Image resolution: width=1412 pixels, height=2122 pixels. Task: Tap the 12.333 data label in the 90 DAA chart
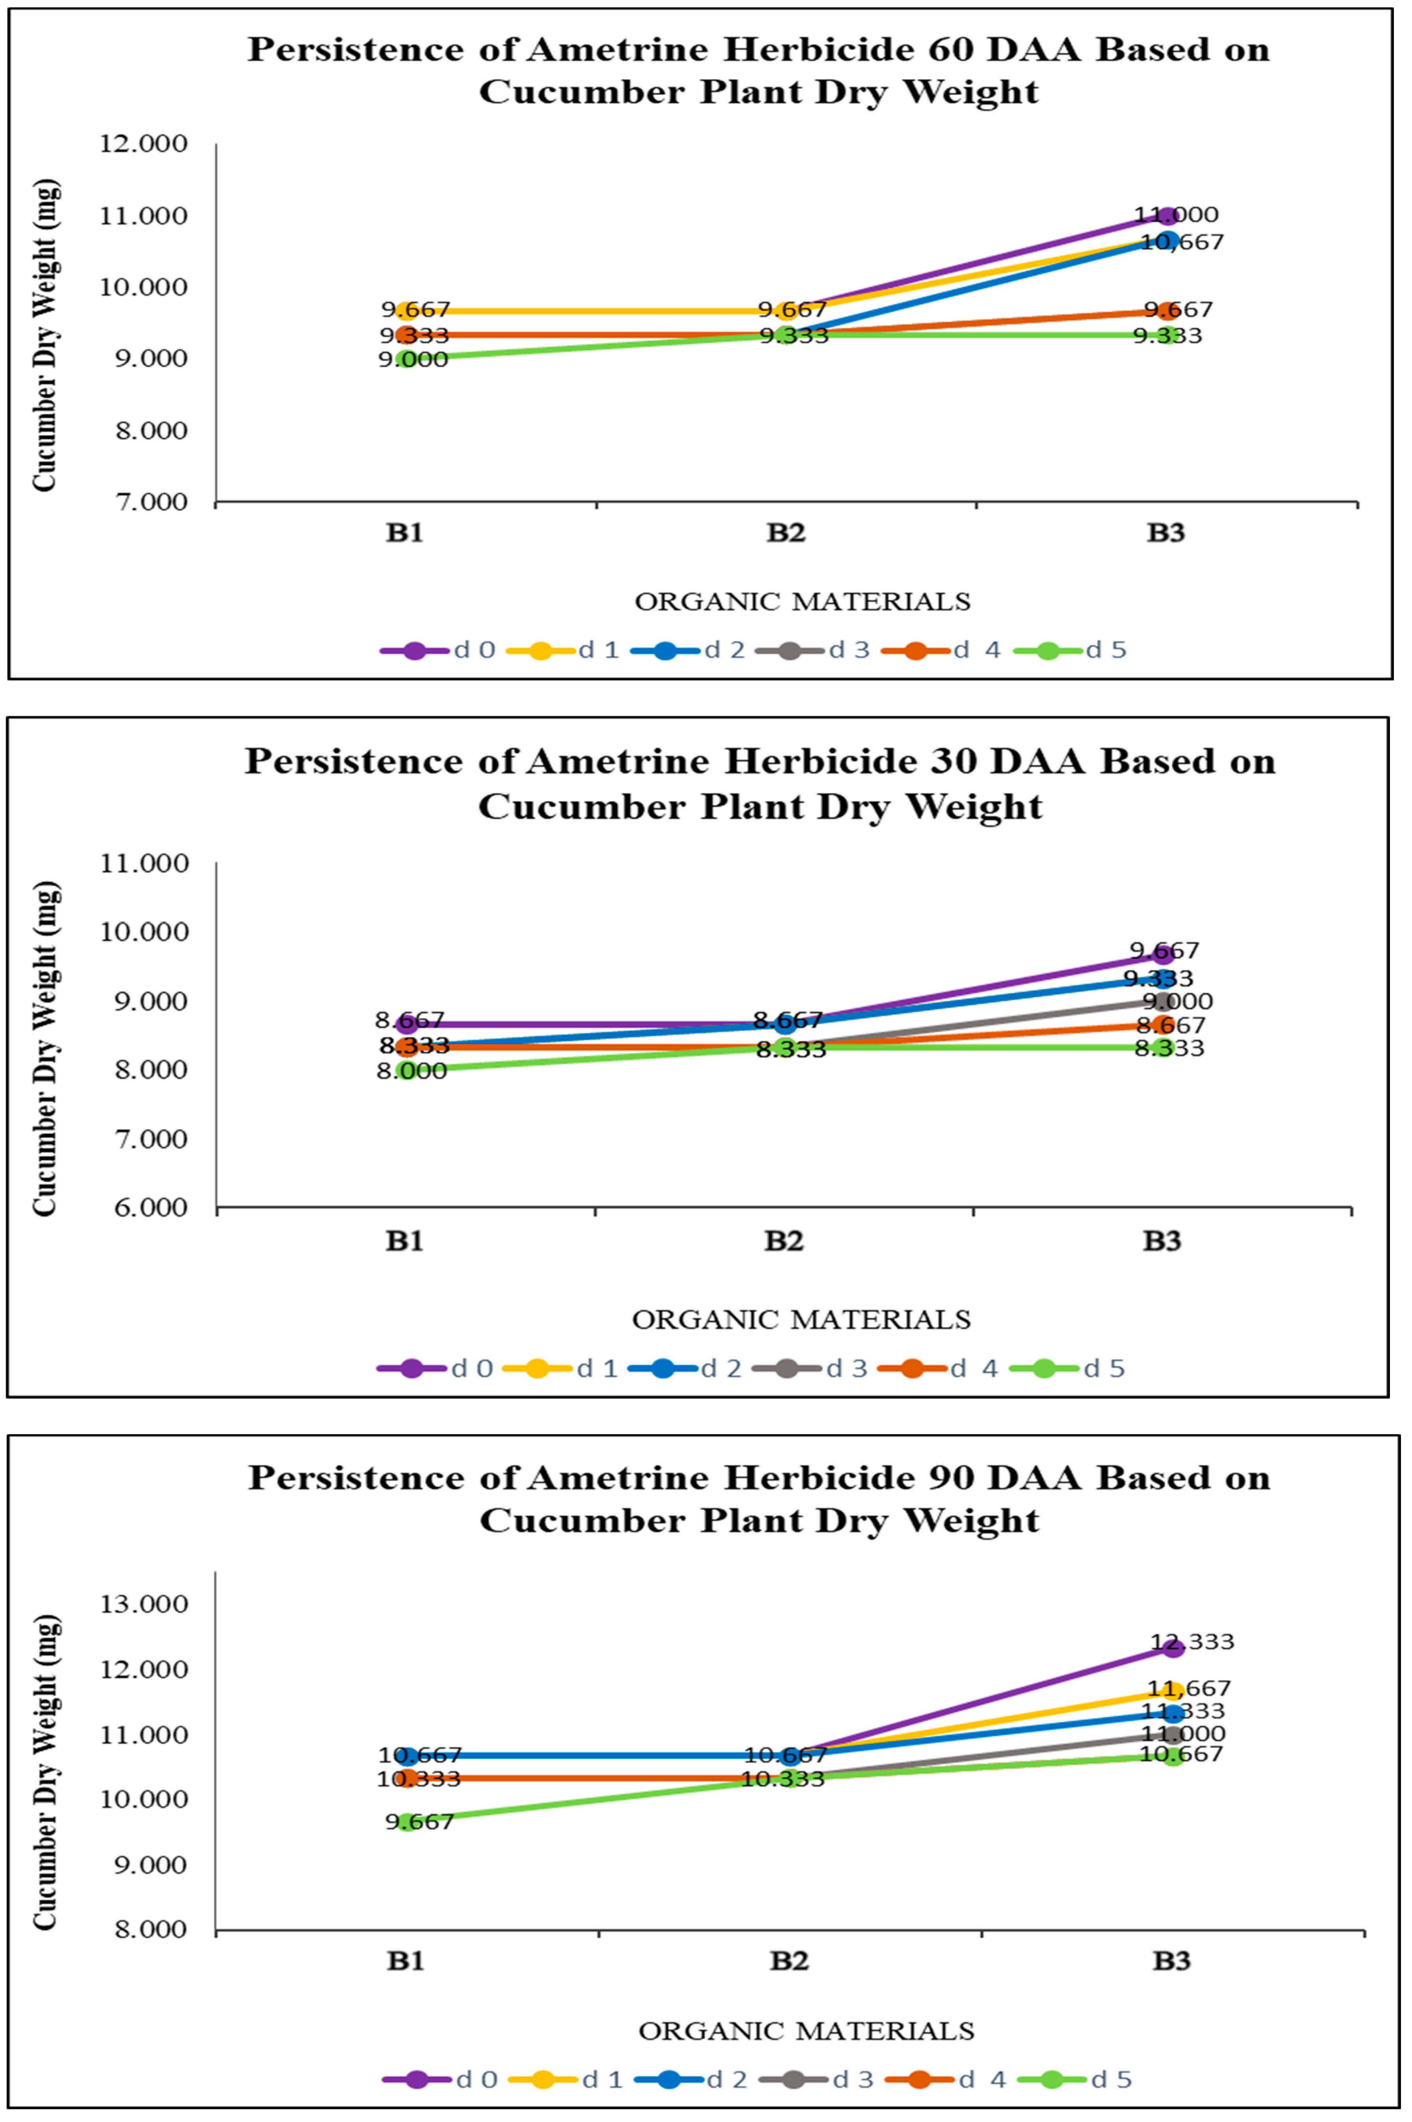[x=1191, y=1642]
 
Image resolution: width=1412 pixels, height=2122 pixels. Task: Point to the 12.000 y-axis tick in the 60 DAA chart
[x=144, y=144]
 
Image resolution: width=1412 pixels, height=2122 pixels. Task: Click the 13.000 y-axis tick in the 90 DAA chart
[x=144, y=1604]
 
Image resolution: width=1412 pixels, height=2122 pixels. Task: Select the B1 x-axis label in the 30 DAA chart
[x=404, y=1241]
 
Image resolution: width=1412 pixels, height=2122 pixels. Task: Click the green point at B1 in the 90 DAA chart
[x=407, y=1821]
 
